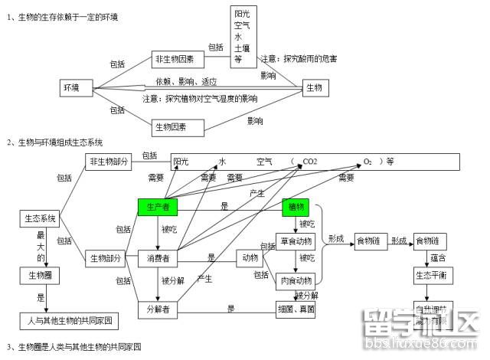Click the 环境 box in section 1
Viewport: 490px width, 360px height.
tap(71, 88)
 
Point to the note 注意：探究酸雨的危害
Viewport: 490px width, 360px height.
tap(299, 59)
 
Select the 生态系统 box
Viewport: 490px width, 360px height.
tap(38, 218)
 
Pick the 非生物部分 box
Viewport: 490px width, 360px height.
tap(109, 161)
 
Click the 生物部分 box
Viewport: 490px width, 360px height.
tap(103, 258)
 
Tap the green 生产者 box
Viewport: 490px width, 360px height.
tap(157, 207)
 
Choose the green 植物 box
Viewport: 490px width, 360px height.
tap(296, 207)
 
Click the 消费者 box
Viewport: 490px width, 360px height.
tap(157, 258)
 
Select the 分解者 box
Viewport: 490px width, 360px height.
tap(157, 309)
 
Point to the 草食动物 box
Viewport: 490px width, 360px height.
tap(296, 241)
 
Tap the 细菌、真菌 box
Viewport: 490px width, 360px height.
tap(296, 309)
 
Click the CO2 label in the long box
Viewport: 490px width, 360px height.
tap(310, 162)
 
